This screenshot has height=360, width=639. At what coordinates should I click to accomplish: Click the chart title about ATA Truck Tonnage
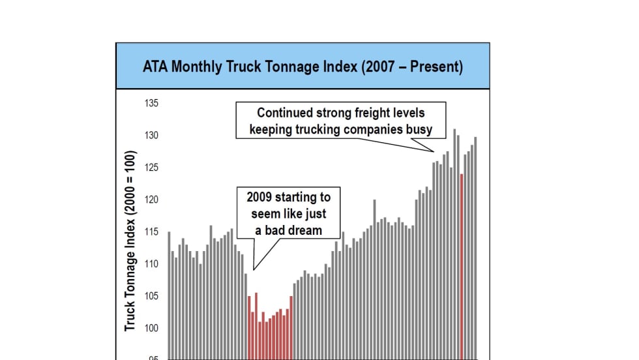tap(303, 67)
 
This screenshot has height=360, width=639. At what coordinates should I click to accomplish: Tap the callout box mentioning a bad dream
tap(288, 213)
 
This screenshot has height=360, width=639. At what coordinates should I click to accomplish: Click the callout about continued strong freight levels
tap(340, 121)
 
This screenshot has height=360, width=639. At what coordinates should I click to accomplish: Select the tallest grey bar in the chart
tap(454, 244)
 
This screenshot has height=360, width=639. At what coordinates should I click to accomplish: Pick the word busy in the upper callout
tap(420, 129)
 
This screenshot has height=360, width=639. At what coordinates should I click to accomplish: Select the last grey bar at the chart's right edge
tap(475, 248)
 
